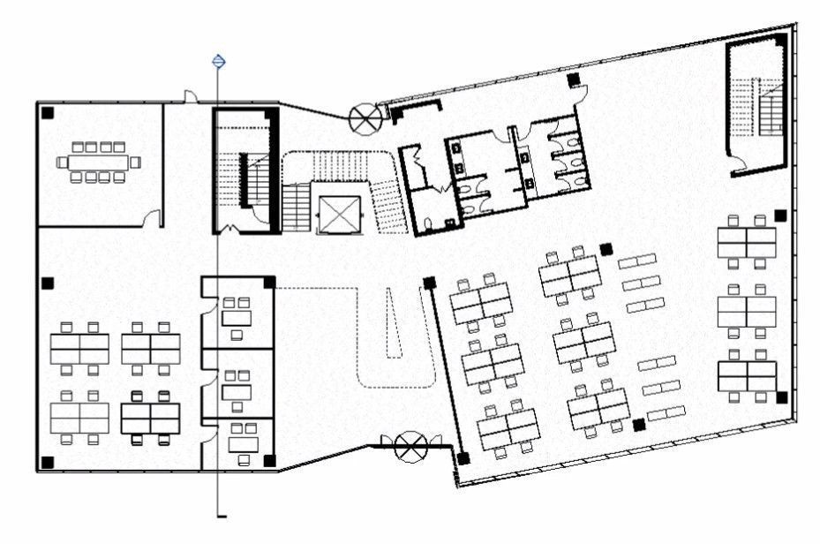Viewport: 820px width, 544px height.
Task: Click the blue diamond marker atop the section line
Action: click(219, 61)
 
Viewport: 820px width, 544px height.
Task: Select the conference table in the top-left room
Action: click(98, 162)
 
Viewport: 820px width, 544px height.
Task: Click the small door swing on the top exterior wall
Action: click(190, 95)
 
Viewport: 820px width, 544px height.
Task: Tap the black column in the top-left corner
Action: click(48, 112)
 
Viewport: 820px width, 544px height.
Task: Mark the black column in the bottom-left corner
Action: click(48, 461)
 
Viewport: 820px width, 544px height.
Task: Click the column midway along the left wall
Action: click(48, 283)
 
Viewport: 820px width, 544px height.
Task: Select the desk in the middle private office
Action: click(237, 390)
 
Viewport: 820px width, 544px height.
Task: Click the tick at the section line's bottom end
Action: click(222, 515)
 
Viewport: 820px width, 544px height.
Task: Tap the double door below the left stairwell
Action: click(229, 230)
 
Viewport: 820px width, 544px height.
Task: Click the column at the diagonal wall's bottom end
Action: click(463, 458)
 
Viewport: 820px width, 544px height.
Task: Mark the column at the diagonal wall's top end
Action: click(429, 283)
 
